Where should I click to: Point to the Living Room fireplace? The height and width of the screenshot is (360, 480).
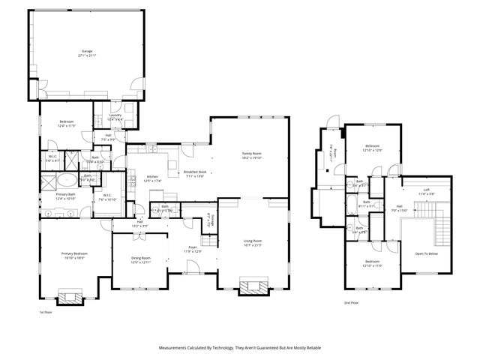tap(252, 286)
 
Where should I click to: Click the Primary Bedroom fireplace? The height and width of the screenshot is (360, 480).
tap(73, 296)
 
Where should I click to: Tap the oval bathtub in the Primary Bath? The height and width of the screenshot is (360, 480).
tap(67, 180)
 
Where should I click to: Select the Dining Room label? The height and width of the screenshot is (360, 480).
tap(141, 259)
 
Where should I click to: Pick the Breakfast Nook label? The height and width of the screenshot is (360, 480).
tap(195, 173)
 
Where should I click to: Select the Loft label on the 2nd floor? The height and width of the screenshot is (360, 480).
tap(426, 190)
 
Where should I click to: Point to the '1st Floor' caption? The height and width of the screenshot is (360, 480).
tap(46, 312)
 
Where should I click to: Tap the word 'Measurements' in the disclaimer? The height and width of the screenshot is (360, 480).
tap(174, 348)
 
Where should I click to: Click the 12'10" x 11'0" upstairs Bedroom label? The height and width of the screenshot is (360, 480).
tap(373, 265)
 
